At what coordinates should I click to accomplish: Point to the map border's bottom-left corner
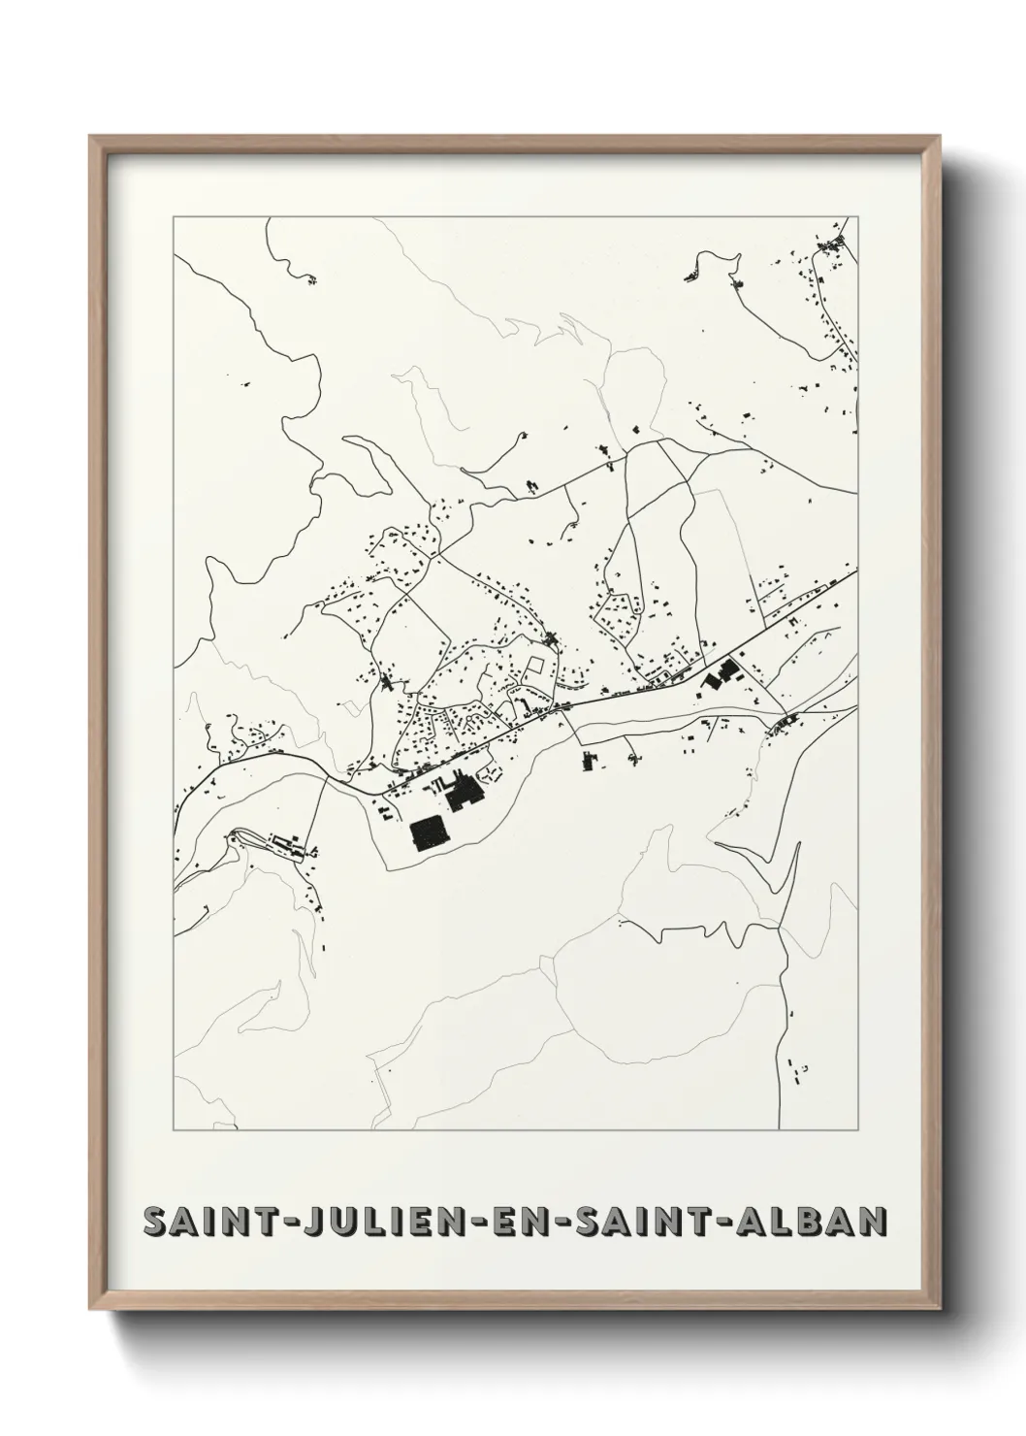click(x=174, y=1130)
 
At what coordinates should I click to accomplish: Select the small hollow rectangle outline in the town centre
click(x=532, y=668)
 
